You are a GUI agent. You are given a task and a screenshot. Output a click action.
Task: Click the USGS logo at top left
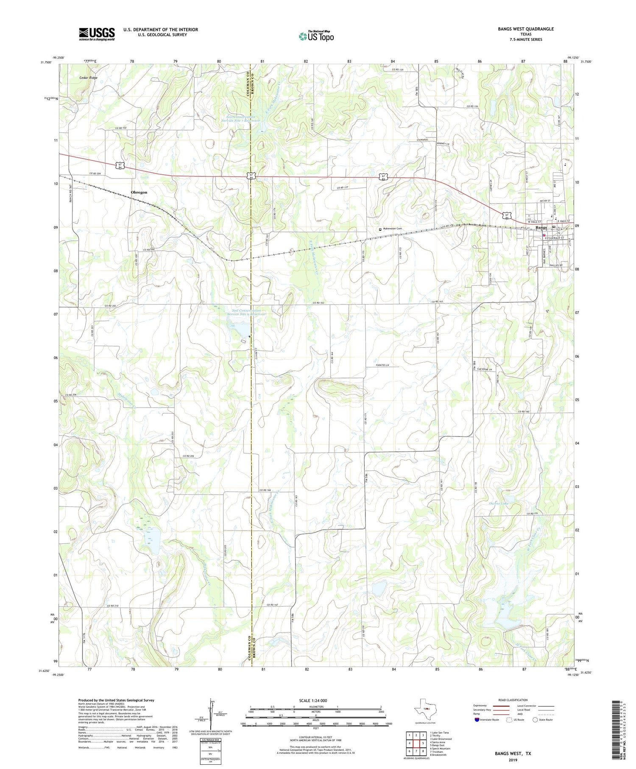coord(97,34)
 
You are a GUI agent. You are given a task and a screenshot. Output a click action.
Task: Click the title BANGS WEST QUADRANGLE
coord(525,29)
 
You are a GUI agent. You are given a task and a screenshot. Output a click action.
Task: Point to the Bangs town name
coord(541,228)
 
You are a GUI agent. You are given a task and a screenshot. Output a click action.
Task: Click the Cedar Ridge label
coord(88,78)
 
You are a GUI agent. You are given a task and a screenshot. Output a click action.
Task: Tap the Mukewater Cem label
coord(392,229)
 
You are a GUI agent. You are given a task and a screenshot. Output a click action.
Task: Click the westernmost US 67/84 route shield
coord(121,165)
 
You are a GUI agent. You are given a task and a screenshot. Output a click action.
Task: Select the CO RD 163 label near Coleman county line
coord(321,303)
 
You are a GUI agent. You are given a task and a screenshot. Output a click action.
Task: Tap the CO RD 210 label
coord(112,605)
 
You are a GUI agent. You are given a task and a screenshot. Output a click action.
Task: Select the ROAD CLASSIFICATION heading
coord(513,700)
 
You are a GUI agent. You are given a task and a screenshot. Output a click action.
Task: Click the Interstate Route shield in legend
coord(477,720)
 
